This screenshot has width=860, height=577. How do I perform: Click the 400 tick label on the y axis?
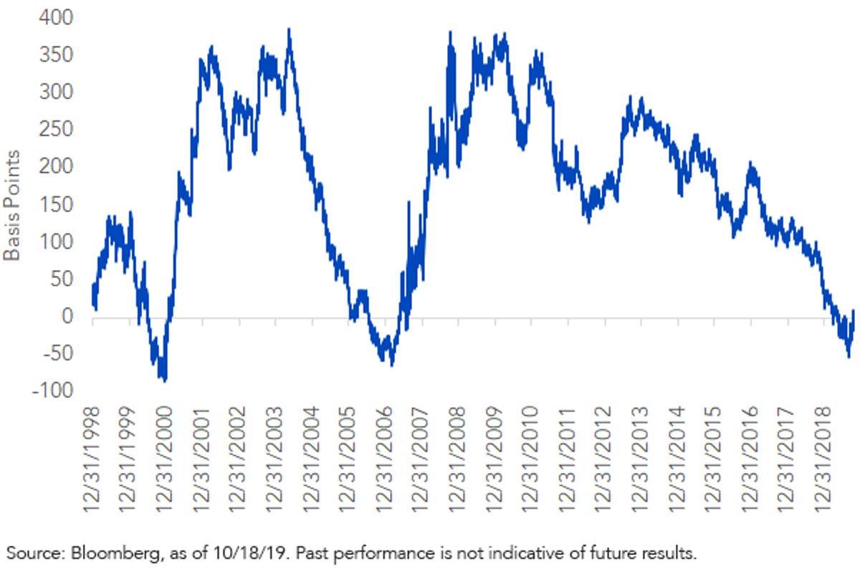coord(56,18)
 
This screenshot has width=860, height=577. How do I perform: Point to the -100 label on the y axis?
coord(52,391)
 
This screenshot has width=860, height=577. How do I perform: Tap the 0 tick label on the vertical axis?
coord(67,316)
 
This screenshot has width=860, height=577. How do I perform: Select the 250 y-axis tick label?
coord(56,129)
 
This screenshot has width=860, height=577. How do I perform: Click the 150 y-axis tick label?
coord(57,204)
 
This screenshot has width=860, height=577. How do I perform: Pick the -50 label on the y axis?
coord(58,353)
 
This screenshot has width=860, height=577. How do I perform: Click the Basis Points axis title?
coord(11,206)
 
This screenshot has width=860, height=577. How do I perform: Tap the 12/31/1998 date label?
coord(92,459)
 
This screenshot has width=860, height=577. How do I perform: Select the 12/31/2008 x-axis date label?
coord(457,459)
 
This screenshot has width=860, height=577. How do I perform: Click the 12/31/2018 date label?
coord(823,459)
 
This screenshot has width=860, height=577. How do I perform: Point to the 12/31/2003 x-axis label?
coord(274,459)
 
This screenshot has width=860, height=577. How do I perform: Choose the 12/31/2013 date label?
coord(639,459)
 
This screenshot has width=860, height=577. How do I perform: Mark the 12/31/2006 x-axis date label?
coord(384,459)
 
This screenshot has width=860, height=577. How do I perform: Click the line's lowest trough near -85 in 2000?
coord(165,381)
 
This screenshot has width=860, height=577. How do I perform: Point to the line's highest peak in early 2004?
coord(289,29)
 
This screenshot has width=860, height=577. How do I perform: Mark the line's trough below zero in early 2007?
coord(392,366)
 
